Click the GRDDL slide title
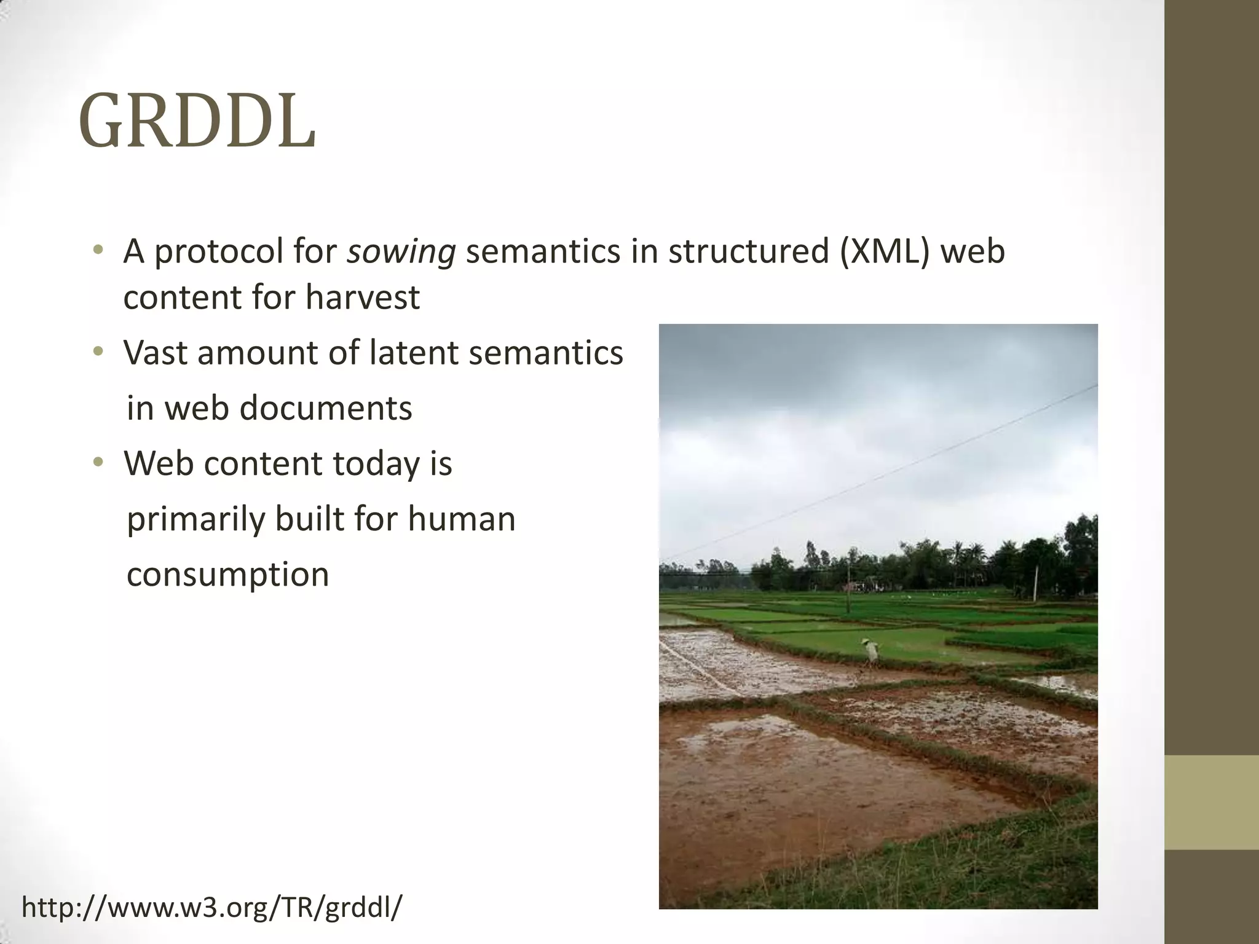[x=197, y=122]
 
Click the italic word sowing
[x=401, y=253]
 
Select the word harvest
[x=363, y=297]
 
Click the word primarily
[x=195, y=520]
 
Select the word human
[x=462, y=519]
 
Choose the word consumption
[x=227, y=575]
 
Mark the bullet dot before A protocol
[x=98, y=251]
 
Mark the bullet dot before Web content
[x=98, y=463]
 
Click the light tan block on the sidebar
[x=1212, y=802]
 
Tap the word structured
[x=749, y=251]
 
